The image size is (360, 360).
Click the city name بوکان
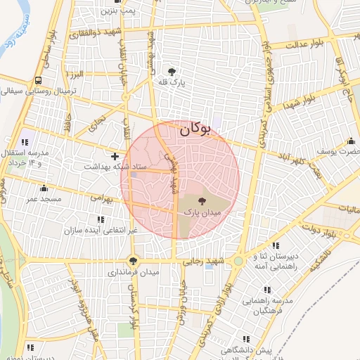coord(195,130)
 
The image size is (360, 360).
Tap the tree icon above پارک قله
coord(172,71)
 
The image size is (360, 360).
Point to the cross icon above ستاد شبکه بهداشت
coord(115,155)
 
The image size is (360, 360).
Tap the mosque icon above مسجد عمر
coord(44,188)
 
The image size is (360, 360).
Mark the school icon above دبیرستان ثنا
coord(274,245)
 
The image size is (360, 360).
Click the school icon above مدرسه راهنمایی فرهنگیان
coord(266,289)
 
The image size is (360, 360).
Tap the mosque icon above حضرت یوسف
coord(351,141)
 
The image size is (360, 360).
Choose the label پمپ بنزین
coord(117,11)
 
